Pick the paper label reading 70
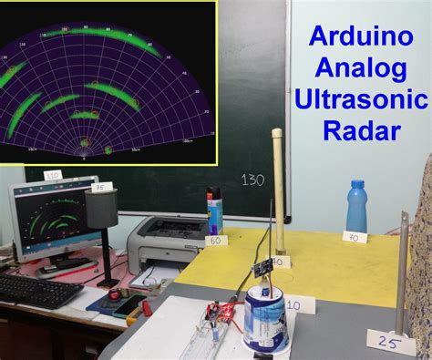(x=355, y=237)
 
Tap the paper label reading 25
(x=388, y=342)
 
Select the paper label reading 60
(x=216, y=242)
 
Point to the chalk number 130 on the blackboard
(x=252, y=180)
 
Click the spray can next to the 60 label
(x=214, y=211)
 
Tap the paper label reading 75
(x=100, y=188)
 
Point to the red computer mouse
(x=115, y=294)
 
